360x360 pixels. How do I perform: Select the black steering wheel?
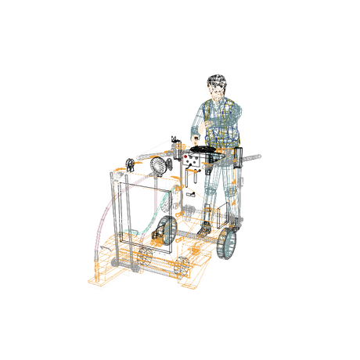206,148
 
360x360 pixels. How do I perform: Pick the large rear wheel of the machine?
229,242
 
